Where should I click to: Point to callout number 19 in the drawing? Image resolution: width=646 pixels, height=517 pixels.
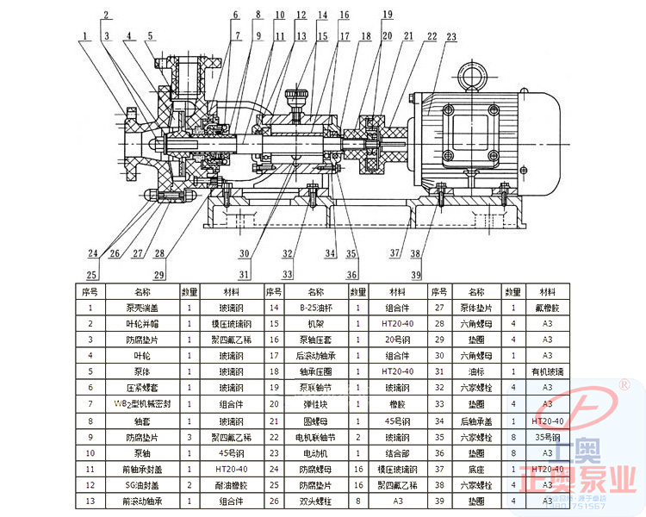pyautogui.click(x=388, y=15)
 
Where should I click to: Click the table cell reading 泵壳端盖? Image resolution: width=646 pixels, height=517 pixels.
pyautogui.click(x=142, y=308)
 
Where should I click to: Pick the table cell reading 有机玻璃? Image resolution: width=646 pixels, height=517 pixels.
pyautogui.click(x=546, y=372)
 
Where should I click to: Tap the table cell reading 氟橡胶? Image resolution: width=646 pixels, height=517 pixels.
pyautogui.click(x=546, y=308)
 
